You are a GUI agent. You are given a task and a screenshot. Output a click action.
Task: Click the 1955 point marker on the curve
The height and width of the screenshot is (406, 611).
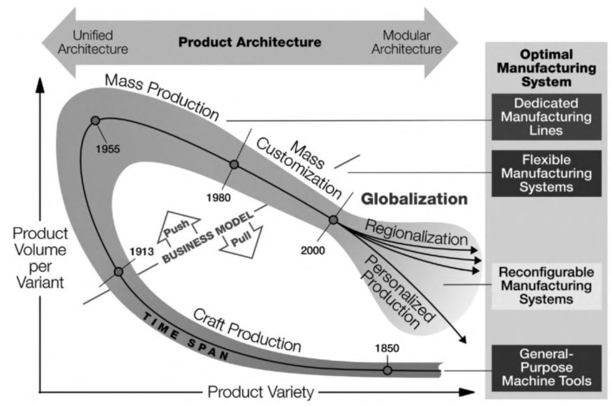coord(95,121)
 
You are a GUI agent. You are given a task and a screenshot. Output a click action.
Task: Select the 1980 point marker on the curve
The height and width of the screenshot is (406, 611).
coord(234,164)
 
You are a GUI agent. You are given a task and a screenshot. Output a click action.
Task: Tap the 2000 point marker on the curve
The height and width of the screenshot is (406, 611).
coord(333,220)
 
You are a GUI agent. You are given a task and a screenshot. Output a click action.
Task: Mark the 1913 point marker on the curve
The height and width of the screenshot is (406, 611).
coord(118,272)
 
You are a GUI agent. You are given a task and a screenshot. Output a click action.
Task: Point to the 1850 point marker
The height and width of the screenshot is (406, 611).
coord(387,370)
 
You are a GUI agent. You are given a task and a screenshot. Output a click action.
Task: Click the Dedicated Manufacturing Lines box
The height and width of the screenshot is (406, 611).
coord(546,117)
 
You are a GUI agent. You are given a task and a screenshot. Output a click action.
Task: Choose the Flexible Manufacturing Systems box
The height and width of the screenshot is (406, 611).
coord(546,173)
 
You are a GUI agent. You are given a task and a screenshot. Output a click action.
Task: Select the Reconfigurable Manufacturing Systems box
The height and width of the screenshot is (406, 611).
coord(546,286)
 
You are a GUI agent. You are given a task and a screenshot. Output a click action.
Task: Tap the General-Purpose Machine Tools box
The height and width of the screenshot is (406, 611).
coord(546,367)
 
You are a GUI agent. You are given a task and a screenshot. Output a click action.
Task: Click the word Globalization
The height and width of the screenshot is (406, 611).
coord(414,199)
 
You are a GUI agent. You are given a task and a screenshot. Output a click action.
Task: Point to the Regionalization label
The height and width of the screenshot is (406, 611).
coord(416,233)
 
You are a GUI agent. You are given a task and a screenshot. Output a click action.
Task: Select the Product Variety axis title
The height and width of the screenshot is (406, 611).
coord(261,392)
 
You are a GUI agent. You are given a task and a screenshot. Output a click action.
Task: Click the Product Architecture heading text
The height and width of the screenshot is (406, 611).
coord(250,42)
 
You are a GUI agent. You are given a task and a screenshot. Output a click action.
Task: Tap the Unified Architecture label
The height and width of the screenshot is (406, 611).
coord(93,42)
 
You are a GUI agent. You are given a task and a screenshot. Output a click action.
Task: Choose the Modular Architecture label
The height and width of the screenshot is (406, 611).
coord(407,42)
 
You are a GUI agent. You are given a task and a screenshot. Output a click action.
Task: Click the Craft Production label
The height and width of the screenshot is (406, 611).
coord(247,330)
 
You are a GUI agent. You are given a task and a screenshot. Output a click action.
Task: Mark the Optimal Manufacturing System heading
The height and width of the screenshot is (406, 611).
coord(546,68)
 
